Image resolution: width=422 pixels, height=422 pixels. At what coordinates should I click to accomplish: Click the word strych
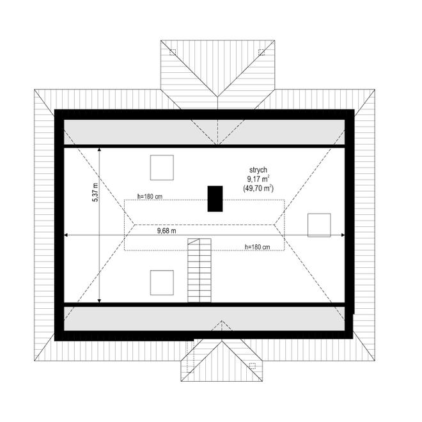tap(258, 170)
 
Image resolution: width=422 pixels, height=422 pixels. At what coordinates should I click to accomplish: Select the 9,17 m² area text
tap(258, 178)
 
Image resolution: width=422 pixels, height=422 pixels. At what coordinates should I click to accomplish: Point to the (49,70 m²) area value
tap(258, 188)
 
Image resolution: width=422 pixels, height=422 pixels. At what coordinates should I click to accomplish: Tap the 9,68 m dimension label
tap(167, 231)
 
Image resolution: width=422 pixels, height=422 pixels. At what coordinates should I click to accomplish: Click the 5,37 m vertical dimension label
tap(95, 192)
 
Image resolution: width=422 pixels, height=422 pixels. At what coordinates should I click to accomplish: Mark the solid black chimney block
tap(215, 199)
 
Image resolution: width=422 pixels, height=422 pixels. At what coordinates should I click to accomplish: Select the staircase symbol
tap(199, 270)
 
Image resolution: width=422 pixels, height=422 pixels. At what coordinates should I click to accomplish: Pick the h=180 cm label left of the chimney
tap(150, 196)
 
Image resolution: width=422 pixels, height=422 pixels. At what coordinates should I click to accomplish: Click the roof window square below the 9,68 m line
tap(162, 283)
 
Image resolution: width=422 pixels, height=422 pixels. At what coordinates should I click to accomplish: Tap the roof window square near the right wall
tap(319, 225)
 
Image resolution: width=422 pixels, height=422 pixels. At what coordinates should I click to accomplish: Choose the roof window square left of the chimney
tap(162, 168)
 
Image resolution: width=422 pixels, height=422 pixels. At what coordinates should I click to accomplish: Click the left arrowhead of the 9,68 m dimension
tap(66, 235)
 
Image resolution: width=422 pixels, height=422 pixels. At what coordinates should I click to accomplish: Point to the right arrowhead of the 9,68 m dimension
tap(343, 235)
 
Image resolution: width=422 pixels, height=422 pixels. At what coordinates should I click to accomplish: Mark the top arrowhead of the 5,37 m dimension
tap(99, 150)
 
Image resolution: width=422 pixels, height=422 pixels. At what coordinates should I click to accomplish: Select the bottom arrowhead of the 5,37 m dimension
tap(99, 301)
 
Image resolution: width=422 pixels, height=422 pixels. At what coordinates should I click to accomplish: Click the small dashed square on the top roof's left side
tap(173, 52)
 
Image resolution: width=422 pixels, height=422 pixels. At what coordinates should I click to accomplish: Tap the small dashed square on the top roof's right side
tap(262, 52)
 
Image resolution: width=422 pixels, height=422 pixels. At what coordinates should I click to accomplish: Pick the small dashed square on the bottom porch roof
tap(252, 366)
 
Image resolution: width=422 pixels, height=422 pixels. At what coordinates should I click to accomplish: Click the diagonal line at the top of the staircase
tap(194, 242)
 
